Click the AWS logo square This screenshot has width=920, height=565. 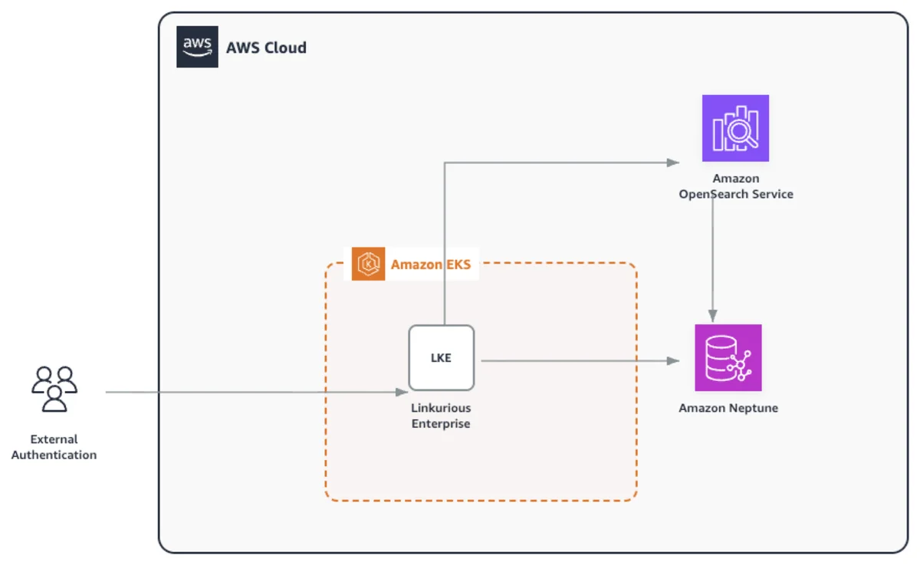tap(197, 47)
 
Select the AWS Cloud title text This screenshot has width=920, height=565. tap(266, 48)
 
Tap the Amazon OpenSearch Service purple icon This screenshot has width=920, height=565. tap(735, 128)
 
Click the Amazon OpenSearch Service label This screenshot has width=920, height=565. tap(735, 186)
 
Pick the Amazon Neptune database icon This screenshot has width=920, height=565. tap(728, 358)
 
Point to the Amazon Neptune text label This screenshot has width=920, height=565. tap(728, 408)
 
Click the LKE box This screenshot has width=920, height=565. tap(441, 358)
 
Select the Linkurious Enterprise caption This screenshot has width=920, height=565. tap(441, 416)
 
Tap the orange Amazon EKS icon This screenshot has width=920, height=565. tap(368, 264)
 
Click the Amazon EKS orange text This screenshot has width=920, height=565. tap(430, 264)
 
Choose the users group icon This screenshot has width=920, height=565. tap(54, 389)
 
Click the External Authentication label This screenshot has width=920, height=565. tap(54, 447)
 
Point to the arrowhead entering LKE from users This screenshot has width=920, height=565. tap(402, 393)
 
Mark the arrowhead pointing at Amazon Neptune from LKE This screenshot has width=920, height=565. tap(673, 361)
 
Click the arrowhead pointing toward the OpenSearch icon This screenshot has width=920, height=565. tap(673, 163)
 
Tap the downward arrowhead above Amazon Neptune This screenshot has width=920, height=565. tap(712, 316)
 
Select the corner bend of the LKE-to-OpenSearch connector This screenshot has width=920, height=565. tap(445, 163)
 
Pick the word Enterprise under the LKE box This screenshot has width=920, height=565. tap(441, 424)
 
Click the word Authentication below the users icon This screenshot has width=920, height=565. tap(54, 455)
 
